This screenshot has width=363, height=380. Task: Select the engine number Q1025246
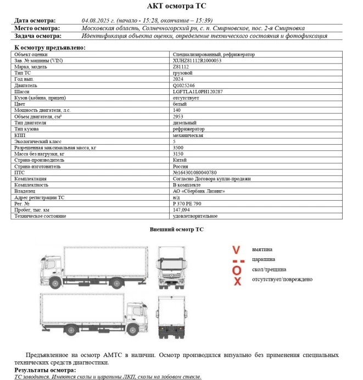184,85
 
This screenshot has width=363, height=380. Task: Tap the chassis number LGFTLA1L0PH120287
198,92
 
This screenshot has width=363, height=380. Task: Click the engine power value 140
177,110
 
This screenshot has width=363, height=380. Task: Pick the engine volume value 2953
178,117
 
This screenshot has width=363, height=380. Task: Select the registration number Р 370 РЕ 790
187,203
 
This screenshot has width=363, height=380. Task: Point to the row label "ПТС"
19,172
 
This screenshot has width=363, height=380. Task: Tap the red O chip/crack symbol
236,270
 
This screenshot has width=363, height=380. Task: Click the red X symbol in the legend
237,281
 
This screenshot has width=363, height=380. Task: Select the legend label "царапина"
264,259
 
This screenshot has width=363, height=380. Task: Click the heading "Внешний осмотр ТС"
176,229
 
